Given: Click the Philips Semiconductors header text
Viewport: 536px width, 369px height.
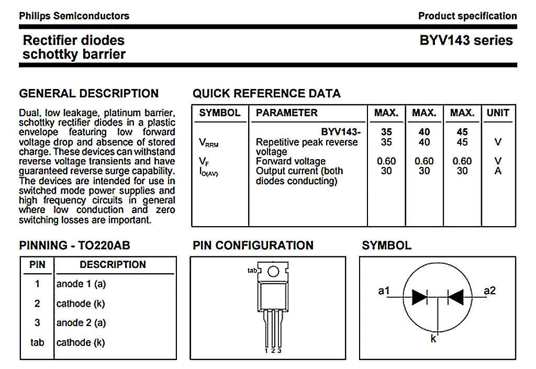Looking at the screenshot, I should click(74, 16).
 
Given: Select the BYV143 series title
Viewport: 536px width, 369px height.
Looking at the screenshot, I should click(466, 40).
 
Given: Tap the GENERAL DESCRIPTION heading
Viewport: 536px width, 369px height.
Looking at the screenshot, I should click(88, 94).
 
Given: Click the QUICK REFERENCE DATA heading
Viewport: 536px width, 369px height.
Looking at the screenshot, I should click(266, 94).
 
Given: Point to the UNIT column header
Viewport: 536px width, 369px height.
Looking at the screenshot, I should click(498, 113).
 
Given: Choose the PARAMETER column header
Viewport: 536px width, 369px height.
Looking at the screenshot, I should click(286, 113).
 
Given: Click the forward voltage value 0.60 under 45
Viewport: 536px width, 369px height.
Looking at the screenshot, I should click(462, 161).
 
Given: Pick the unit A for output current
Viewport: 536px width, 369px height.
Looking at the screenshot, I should click(498, 171).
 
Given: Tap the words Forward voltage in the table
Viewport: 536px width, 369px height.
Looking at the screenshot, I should click(291, 161).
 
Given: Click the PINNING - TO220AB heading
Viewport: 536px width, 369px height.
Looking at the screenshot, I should click(74, 245).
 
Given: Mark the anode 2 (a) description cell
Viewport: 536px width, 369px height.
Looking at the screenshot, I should click(81, 322).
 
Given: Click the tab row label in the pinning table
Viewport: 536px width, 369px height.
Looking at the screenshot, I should click(37, 342).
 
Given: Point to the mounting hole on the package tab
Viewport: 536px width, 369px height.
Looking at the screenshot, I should click(273, 271).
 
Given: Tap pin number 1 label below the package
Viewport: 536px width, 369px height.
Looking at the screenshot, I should click(266, 351).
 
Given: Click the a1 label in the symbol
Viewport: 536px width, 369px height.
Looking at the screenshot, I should click(384, 290).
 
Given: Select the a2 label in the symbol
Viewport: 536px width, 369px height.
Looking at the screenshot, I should click(489, 290).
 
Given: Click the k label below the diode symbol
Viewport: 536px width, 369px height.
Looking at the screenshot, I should click(433, 339).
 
